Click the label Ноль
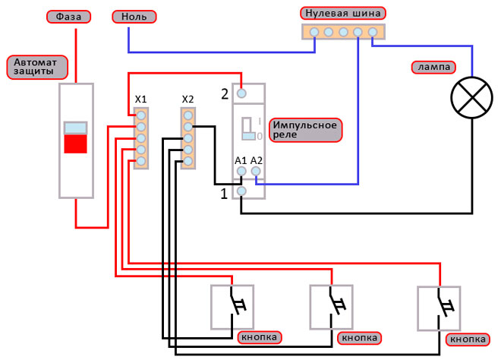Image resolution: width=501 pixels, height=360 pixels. pos(134,16)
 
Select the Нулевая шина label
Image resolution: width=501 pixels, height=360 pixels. pos(342,13)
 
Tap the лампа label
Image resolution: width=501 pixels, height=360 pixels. pos(432,67)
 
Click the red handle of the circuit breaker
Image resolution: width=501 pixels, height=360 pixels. pos(75,144)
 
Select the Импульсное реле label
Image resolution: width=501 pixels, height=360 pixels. pos(306,129)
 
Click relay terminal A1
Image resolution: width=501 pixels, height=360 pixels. pos(241,172)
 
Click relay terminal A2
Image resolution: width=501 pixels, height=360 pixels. pos(257,172)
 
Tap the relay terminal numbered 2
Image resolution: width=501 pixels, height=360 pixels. pos(241,93)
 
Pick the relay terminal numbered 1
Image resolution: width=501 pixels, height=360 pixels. pos(241,191)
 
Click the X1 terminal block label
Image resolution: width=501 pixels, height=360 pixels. pos(140,99)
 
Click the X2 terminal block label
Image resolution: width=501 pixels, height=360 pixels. pos(188,99)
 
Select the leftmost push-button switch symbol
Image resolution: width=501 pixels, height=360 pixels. pos(232,307)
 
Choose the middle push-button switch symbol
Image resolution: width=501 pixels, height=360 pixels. pos(332,307)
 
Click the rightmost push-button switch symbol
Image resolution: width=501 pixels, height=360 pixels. pos(439,307)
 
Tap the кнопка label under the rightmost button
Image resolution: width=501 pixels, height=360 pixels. pos(467,339)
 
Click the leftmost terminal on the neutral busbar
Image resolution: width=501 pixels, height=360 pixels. pos(313,32)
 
